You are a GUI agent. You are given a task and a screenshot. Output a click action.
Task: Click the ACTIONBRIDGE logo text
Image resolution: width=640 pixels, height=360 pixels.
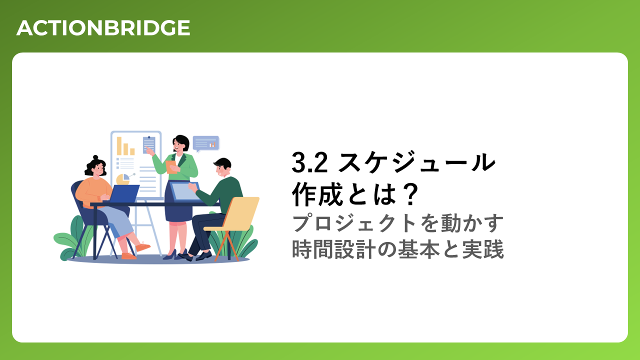point(103,28)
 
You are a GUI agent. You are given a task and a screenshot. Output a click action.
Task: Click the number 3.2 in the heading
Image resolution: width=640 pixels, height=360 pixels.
point(309,162)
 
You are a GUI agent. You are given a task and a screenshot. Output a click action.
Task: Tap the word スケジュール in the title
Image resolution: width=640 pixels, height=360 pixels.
point(417,162)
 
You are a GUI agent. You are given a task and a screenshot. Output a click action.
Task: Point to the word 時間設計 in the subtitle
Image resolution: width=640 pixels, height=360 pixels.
point(333,249)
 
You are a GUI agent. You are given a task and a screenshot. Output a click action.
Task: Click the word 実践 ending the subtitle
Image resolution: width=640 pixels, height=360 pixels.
point(483,249)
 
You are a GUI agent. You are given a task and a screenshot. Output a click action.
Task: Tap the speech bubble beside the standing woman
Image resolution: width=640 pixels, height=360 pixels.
point(205,143)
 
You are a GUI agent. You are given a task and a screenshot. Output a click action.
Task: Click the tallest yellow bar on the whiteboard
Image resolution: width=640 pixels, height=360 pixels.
point(119,146)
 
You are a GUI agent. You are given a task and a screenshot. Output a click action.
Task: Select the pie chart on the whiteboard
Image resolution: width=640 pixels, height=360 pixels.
point(123,179)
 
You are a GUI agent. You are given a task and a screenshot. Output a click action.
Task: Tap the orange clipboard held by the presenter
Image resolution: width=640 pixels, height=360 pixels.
point(171,167)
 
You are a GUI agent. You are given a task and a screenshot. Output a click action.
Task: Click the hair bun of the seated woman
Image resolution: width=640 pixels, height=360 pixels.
point(95,157)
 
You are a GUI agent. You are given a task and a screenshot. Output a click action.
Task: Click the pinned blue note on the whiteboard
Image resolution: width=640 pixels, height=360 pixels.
point(149,144)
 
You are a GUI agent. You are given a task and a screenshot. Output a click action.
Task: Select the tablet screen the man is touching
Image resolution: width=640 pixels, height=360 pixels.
point(184,191)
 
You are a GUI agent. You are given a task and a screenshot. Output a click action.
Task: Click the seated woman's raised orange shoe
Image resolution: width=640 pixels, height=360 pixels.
point(143,246)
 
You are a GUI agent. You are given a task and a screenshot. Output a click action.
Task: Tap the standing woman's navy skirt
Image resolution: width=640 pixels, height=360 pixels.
point(178,203)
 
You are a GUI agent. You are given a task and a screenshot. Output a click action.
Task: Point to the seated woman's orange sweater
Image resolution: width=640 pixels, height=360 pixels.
point(93,191)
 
